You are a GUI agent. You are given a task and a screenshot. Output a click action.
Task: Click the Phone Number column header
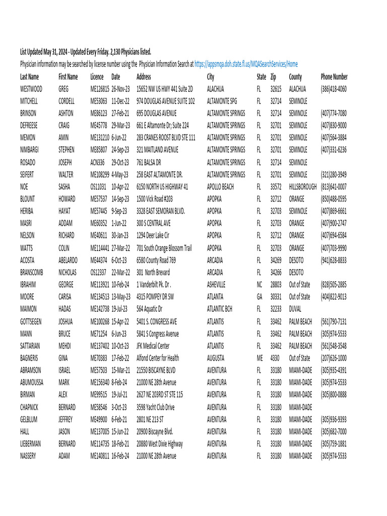334,77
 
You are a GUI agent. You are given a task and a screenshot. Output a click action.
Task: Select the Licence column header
97,77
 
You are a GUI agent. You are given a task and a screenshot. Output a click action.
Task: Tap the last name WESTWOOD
31,89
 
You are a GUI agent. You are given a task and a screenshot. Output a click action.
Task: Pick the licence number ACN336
98,162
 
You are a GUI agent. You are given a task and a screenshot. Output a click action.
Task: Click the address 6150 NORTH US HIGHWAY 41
162,186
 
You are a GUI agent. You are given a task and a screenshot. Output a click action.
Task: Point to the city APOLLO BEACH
220,186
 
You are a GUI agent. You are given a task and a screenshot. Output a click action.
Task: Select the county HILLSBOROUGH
303,186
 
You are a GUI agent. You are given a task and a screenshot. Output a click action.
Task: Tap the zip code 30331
276,297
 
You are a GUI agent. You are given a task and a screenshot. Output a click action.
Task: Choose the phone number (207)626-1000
334,358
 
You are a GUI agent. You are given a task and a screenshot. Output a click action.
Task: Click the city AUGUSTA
217,358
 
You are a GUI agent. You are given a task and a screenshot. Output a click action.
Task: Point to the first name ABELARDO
68,260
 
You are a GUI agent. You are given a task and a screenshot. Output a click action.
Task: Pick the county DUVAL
295,309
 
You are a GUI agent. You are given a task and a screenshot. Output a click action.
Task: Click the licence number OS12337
98,272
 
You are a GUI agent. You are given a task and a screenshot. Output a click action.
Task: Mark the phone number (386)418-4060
334,89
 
